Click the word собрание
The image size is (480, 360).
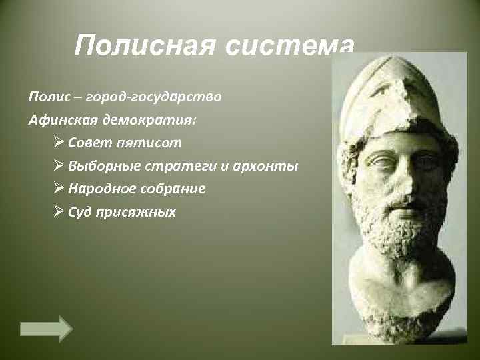click(x=173, y=189)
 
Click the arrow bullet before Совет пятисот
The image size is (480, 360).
click(x=57, y=143)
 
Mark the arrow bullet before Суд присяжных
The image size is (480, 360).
click(x=57, y=212)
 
